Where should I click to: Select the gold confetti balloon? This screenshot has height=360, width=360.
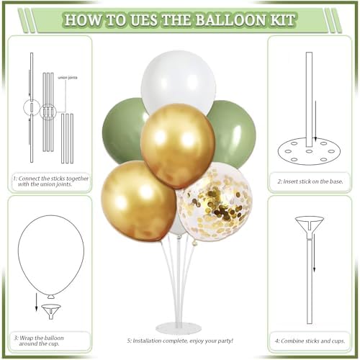click(215, 202)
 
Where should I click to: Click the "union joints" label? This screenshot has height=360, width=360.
click(68, 78)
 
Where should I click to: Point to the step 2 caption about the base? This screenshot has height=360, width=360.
click(310, 181)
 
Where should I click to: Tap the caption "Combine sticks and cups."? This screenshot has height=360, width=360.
click(310, 341)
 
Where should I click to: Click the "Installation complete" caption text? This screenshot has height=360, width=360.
click(180, 341)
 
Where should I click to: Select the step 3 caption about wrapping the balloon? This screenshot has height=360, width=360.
click(39, 341)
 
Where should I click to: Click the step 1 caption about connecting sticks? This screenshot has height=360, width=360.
click(51, 181)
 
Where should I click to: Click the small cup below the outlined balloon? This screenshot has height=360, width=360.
click(51, 312)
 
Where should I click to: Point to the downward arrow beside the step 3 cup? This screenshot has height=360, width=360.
click(36, 302)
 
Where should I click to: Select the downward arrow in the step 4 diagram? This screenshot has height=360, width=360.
click(314, 256)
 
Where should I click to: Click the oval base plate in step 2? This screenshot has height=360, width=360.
click(309, 152)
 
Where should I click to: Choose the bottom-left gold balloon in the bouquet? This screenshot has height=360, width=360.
click(138, 201)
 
